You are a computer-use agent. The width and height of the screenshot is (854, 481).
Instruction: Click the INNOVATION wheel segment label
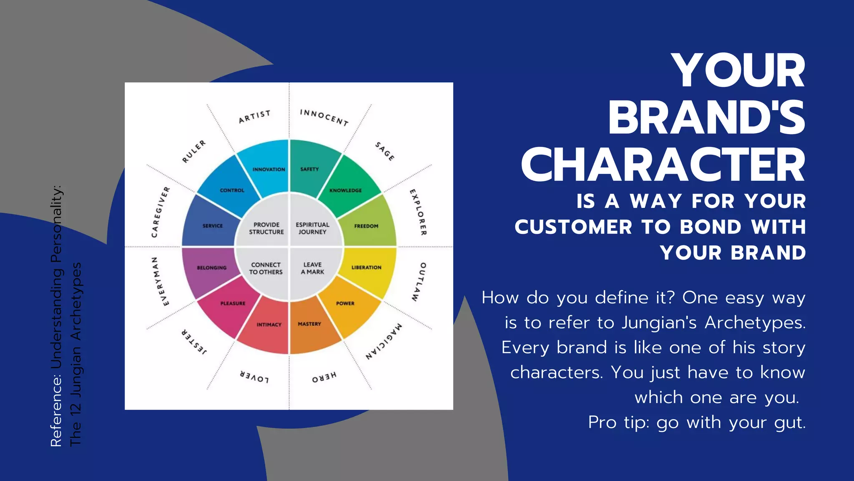(x=269, y=170)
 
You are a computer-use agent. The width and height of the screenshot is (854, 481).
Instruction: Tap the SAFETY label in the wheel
(x=309, y=169)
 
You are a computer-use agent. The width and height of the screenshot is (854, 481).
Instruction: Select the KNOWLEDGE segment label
(x=346, y=190)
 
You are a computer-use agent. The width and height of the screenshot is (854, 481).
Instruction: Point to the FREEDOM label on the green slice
(x=366, y=226)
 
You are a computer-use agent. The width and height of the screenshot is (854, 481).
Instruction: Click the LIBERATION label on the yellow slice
(x=366, y=267)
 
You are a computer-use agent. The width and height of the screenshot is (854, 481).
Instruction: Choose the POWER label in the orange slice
(x=345, y=304)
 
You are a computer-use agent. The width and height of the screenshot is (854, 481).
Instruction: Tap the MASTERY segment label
(x=309, y=324)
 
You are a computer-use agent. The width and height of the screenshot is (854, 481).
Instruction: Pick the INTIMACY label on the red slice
(x=269, y=324)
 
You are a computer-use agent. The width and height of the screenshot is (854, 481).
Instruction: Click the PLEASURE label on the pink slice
(x=233, y=304)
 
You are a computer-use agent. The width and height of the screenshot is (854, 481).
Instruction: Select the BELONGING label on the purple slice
(x=212, y=268)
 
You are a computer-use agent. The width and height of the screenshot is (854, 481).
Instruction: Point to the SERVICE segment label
(x=213, y=226)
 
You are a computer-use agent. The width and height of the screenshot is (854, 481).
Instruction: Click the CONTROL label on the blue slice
(x=232, y=190)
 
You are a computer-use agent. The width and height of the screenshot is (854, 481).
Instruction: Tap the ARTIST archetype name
(x=254, y=117)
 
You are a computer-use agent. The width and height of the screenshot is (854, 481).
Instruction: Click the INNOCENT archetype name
(x=324, y=117)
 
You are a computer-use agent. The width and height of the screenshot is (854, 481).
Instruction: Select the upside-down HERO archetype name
(x=324, y=377)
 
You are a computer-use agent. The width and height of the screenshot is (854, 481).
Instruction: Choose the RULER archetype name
(x=194, y=152)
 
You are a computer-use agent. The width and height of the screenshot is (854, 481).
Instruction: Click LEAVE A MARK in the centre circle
(x=312, y=268)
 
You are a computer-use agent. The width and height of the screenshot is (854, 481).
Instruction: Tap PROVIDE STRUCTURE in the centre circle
(x=266, y=228)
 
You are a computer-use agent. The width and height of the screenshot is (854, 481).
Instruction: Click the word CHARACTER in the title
(x=663, y=165)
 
